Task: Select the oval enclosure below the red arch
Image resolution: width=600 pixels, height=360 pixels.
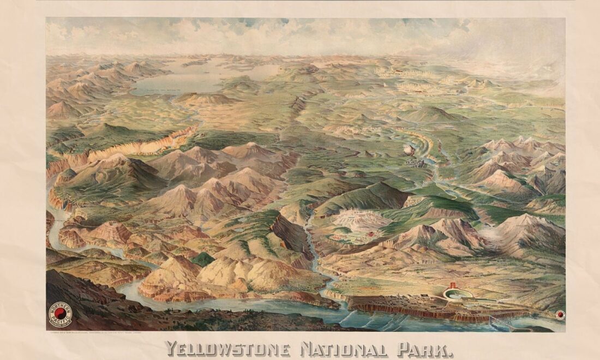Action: [x=458, y=295]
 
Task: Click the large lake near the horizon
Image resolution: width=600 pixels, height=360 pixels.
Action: [x=180, y=79]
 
